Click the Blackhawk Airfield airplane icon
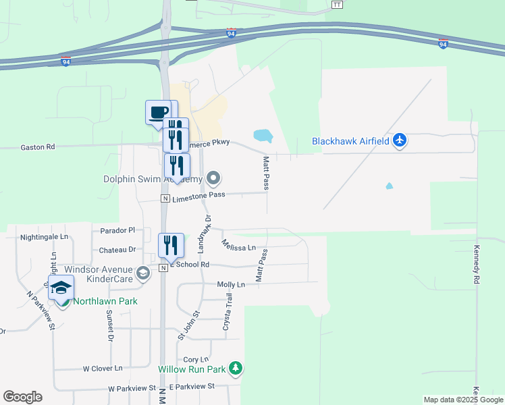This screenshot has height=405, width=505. click(x=400, y=140)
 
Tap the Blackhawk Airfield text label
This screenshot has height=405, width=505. click(x=350, y=141)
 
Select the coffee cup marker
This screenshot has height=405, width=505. click(x=159, y=112)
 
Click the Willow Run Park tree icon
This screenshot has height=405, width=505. click(x=236, y=369)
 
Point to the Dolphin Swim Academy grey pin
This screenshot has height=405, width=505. click(x=214, y=179)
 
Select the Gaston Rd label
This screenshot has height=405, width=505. click(x=37, y=146)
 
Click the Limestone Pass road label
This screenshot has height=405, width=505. click(x=198, y=195)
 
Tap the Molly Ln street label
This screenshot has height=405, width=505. click(x=230, y=285)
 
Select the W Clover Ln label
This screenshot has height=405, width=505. click(x=103, y=369)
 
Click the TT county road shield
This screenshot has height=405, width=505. click(x=338, y=4)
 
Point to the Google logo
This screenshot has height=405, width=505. click(x=22, y=396)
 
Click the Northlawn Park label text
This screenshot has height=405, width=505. click(x=105, y=301)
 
